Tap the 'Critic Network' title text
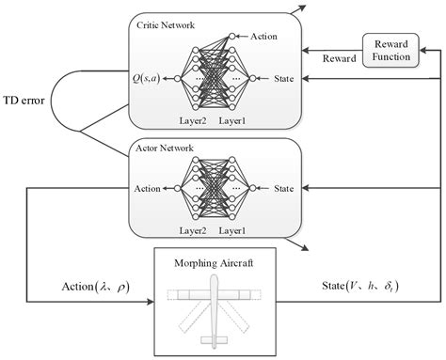(167, 24)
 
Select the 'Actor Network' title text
(165, 148)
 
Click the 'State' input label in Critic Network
(283, 79)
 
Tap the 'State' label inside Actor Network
(283, 189)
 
